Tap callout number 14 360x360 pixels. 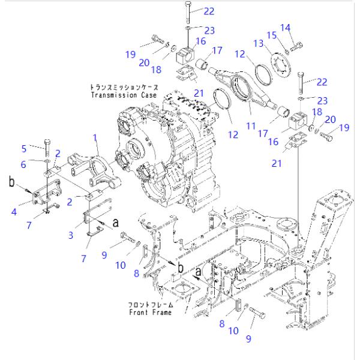point(286,27)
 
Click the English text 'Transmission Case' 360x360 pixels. point(124,95)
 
